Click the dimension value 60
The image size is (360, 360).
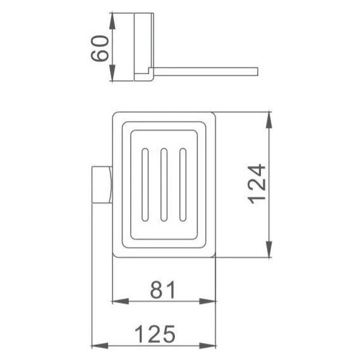[x=101, y=47]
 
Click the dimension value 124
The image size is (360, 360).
[x=258, y=184]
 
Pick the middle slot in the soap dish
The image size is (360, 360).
[x=164, y=184]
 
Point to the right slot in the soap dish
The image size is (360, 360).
[x=183, y=184]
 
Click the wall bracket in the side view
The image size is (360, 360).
[x=144, y=47]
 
